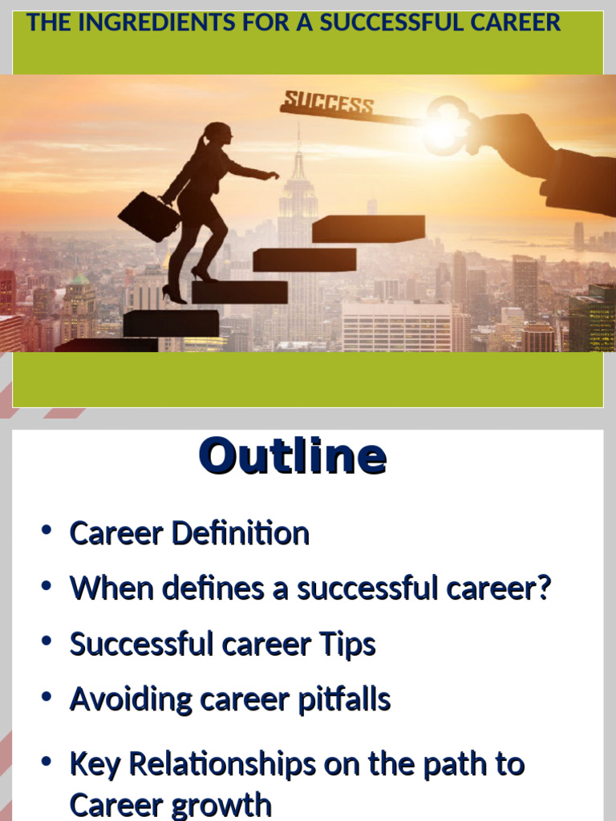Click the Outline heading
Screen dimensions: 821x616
pos(293,456)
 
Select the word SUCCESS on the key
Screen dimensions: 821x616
pos(328,103)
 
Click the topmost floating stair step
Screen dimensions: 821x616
pos(368,229)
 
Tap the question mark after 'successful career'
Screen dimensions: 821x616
pos(544,588)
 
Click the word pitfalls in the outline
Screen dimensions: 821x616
pos(344,699)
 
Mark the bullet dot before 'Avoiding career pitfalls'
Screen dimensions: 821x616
pos(47,697)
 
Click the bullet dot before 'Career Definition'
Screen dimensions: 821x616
pos(47,531)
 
